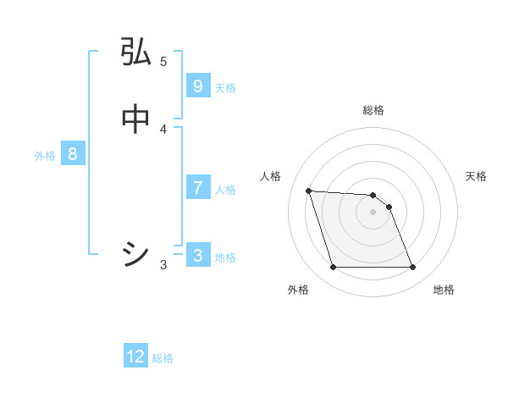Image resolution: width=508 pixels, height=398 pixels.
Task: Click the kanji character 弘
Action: click(x=135, y=53)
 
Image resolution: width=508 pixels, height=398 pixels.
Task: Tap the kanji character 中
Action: click(x=135, y=119)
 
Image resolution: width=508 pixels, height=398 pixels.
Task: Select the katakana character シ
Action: click(x=135, y=254)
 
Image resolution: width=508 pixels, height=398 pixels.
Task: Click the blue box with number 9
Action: click(x=197, y=86)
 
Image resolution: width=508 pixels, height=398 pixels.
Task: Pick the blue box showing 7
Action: click(x=197, y=188)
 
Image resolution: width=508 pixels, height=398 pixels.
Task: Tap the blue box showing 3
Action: click(x=197, y=256)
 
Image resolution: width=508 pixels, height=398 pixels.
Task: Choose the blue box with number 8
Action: click(x=73, y=154)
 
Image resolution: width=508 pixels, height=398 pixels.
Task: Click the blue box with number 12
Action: click(x=135, y=357)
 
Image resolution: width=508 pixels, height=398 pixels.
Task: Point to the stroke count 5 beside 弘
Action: click(x=163, y=61)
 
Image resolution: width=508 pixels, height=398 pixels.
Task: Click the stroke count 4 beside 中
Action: click(x=163, y=129)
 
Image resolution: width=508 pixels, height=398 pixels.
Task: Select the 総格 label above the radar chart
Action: click(x=373, y=110)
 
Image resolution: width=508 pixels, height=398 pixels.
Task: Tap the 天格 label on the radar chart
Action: click(x=476, y=176)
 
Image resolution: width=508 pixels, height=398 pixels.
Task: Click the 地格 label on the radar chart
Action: click(x=444, y=290)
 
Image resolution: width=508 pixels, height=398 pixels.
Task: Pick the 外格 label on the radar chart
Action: click(x=298, y=290)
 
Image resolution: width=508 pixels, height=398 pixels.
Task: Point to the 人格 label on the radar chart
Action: click(x=271, y=176)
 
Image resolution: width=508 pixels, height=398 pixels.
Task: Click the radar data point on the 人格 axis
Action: click(x=308, y=191)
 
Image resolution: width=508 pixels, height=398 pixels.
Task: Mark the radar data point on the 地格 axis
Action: click(x=412, y=268)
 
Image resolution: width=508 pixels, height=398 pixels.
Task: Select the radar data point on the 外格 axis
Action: click(x=333, y=268)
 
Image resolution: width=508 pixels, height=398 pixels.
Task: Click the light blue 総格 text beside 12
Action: click(x=163, y=358)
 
